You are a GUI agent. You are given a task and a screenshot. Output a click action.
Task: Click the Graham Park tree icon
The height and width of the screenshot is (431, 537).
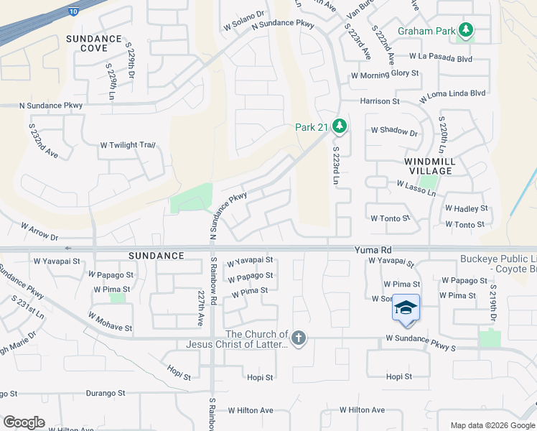click(467, 30)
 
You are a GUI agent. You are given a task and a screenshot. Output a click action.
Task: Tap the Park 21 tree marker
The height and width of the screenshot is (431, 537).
click(340, 127)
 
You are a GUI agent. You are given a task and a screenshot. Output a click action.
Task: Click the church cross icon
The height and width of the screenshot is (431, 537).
click(299, 338)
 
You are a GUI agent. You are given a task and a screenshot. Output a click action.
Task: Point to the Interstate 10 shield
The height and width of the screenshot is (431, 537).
click(74, 11)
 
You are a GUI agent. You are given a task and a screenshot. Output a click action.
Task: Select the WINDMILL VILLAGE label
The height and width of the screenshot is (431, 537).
click(429, 167)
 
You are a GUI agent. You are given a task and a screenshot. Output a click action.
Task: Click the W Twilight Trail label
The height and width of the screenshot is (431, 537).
click(128, 145)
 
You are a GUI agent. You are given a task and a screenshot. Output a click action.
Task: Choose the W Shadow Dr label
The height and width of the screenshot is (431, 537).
click(394, 131)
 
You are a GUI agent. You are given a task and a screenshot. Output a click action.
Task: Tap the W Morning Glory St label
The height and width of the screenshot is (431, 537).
click(385, 74)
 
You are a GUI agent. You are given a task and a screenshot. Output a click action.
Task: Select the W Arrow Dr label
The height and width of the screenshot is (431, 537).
click(39, 231)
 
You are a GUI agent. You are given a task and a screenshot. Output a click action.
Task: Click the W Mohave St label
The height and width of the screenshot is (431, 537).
click(110, 321)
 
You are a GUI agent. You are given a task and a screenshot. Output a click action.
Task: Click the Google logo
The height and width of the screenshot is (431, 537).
click(24, 422)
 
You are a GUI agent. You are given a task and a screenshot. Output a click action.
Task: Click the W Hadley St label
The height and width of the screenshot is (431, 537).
click(466, 208)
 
